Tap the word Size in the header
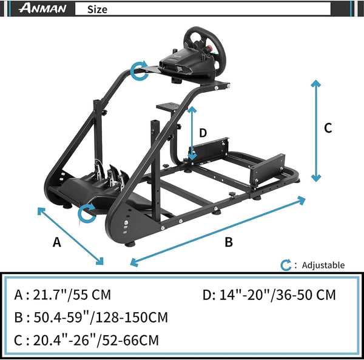pyautogui.click(x=97, y=9)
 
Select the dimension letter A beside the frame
pyautogui.click(x=57, y=242)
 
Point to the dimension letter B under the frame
pyautogui.click(x=229, y=242)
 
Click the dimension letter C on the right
pyautogui.click(x=328, y=128)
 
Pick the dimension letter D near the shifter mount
pyautogui.click(x=203, y=133)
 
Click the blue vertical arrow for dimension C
pyautogui.click(x=315, y=130)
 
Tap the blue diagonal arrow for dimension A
pyautogui.click(x=70, y=236)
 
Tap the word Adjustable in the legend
pyautogui.click(x=323, y=265)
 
